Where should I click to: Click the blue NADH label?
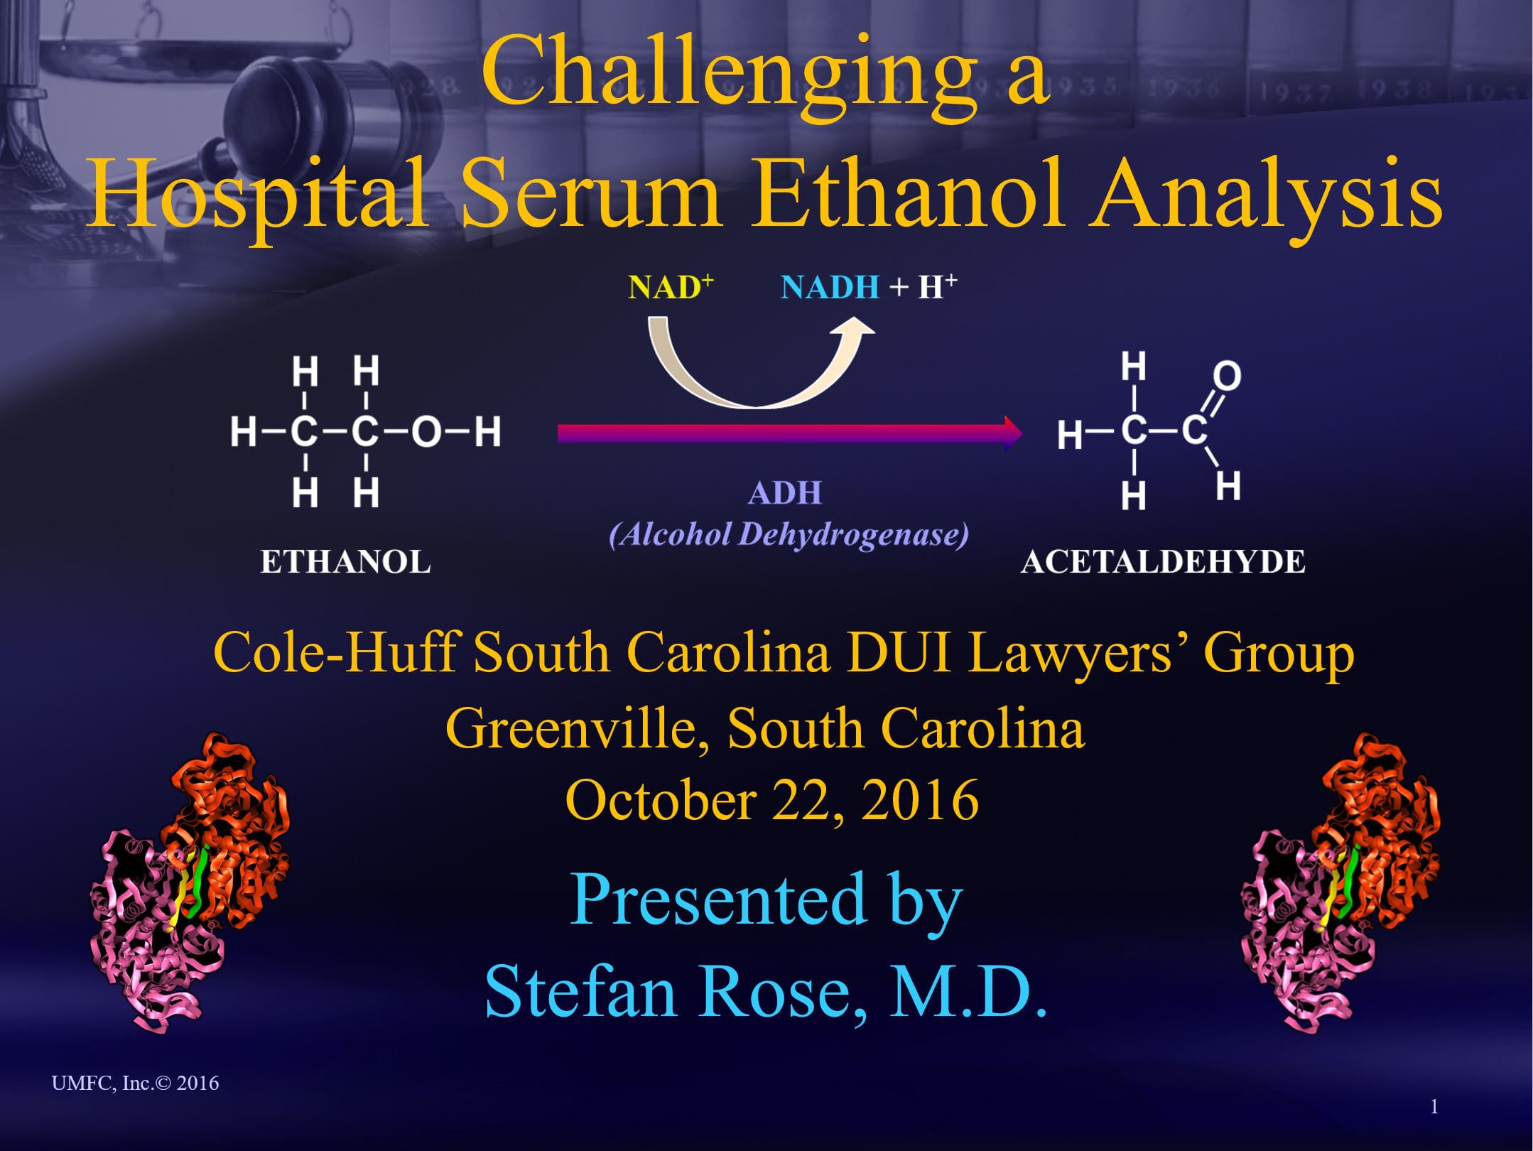tap(830, 288)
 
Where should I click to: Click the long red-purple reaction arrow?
tap(789, 433)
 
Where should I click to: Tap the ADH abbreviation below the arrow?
tap(785, 493)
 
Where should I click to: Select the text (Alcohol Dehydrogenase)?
tap(789, 535)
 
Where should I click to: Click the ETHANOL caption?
tap(345, 563)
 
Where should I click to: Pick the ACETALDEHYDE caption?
tap(1163, 563)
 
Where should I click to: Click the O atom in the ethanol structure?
tap(426, 432)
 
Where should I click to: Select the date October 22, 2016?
tap(772, 800)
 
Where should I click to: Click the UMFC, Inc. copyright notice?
tap(135, 1083)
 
